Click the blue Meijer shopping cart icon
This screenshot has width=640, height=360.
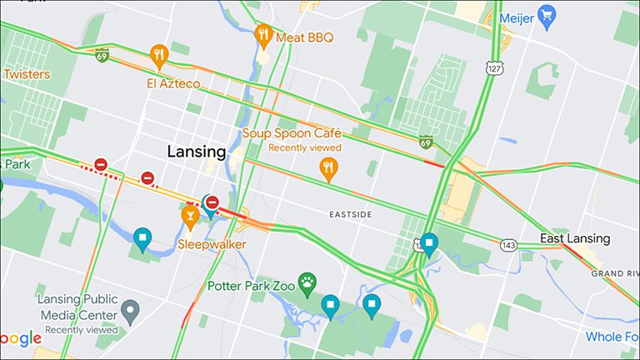tap(547, 15)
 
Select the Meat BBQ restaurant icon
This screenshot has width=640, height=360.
tap(263, 35)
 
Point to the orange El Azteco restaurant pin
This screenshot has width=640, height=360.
tap(159, 56)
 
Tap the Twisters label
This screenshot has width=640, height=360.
tap(26, 74)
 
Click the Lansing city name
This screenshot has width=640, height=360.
tap(197, 152)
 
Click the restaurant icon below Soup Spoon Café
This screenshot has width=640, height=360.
tap(330, 169)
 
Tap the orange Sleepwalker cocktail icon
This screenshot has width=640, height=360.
tap(190, 217)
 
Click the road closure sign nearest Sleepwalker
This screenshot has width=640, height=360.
tap(212, 202)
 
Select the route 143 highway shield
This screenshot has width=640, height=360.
tap(508, 245)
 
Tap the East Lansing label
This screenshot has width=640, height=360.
tap(575, 238)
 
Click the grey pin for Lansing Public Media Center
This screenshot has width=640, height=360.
tap(129, 312)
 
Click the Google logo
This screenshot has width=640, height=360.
tap(20, 338)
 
